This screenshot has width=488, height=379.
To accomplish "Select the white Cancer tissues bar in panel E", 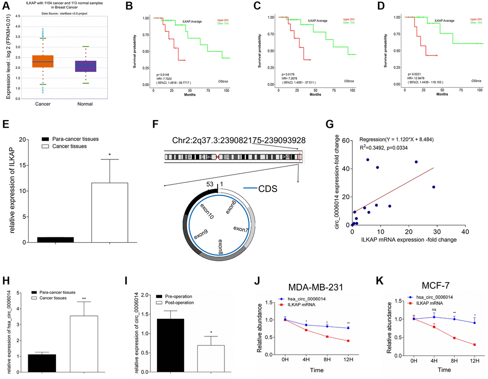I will (x=110, y=212).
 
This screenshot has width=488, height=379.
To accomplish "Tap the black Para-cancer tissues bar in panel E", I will (x=56, y=239).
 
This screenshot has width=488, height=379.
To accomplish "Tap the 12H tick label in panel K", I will (x=475, y=360).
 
